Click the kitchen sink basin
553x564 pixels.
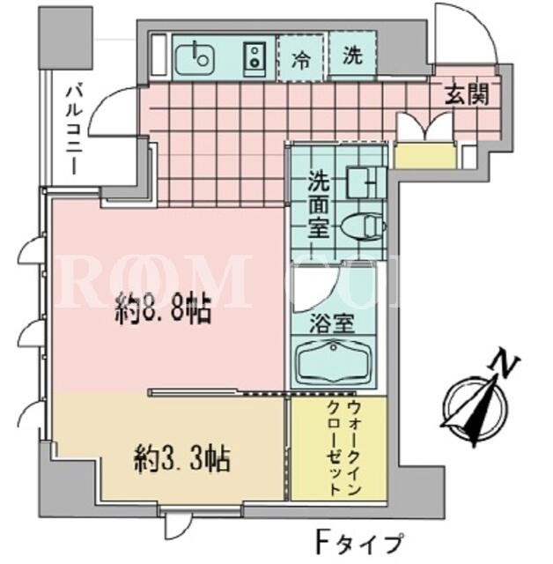(195, 56)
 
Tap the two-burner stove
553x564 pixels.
(254, 57)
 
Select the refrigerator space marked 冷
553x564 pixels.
(301, 57)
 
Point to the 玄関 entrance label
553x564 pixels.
(468, 95)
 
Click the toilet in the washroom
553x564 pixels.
(363, 226)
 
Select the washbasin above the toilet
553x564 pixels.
(365, 182)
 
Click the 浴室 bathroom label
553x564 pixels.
(332, 323)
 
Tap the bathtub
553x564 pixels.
(333, 362)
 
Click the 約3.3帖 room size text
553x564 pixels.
(182, 459)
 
